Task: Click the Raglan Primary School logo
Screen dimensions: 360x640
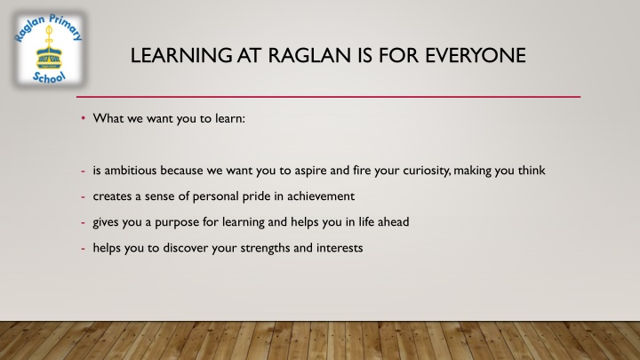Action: tap(50, 50)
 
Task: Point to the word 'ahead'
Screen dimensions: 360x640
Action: tap(392, 222)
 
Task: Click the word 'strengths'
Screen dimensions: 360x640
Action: tap(264, 248)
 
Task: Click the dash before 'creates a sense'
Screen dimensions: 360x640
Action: tap(82, 196)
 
